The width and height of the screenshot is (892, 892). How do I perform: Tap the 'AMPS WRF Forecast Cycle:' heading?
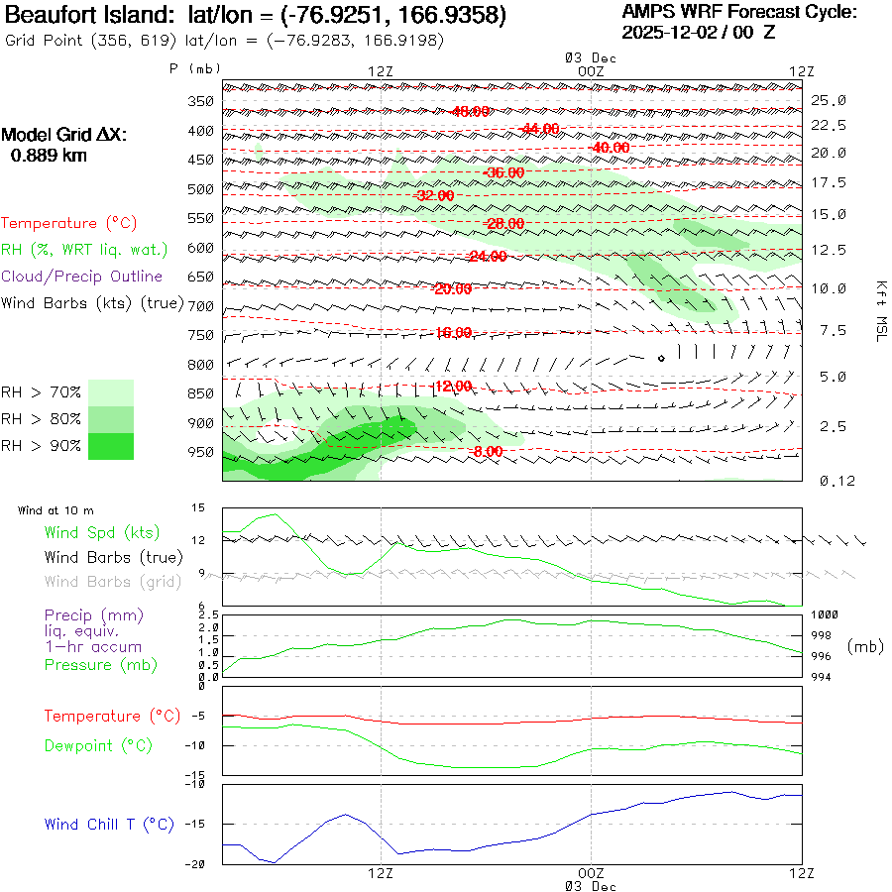click(x=738, y=12)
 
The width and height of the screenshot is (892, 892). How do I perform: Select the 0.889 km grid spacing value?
click(x=49, y=155)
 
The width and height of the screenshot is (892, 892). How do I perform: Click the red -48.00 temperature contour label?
click(x=469, y=111)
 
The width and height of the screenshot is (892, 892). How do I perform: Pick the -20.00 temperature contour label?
click(x=452, y=288)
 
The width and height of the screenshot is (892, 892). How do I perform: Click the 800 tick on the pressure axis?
click(x=200, y=365)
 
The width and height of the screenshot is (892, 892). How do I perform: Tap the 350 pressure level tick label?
click(x=200, y=101)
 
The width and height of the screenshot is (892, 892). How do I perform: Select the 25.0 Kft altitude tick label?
click(x=828, y=100)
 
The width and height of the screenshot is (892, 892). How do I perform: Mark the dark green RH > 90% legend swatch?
click(x=111, y=446)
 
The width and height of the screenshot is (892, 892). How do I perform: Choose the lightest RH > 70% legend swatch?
click(x=111, y=392)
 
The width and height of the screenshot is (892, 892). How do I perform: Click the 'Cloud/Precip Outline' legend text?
click(x=82, y=277)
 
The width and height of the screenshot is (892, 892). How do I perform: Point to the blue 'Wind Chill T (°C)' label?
click(x=109, y=825)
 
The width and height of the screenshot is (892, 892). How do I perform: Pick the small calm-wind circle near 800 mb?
click(x=661, y=358)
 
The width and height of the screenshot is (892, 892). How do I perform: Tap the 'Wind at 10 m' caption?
click(x=56, y=510)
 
